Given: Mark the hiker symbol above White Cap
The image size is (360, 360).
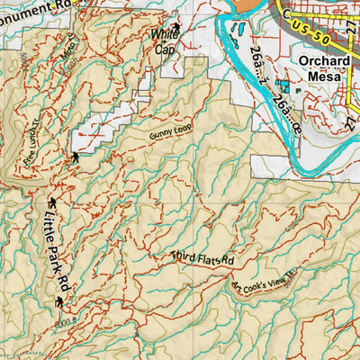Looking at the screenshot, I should pos(175,28).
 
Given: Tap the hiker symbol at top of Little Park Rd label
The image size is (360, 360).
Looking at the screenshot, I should pos(51,201).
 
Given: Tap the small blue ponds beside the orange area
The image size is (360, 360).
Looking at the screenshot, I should pos(236,36).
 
